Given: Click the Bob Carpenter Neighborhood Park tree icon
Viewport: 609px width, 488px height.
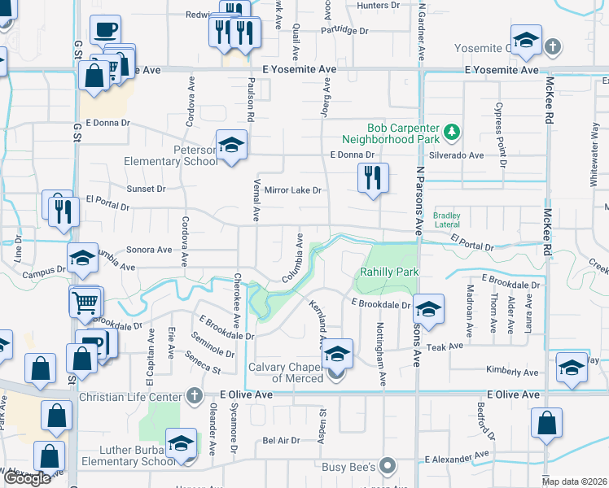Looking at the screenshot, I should click(453, 131).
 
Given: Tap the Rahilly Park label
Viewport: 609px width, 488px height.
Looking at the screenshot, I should click(383, 272).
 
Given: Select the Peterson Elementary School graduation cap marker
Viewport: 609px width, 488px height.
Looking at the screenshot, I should click(231, 146).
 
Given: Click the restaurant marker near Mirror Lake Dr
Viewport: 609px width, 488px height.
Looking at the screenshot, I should click(373, 177).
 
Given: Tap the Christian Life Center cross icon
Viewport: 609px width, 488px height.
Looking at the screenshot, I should click(194, 396).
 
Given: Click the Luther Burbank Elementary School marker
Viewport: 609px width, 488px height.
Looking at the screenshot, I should click(182, 444).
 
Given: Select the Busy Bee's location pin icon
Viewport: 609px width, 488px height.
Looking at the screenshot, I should click(388, 467).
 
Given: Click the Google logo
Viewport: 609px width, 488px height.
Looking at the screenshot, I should click(27, 479).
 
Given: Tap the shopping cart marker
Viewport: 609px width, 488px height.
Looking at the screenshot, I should click(85, 303).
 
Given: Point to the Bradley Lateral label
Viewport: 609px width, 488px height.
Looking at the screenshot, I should click(447, 220).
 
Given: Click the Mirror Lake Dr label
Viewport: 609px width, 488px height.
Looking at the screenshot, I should click(293, 190).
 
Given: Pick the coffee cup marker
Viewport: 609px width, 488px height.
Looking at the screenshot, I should click(104, 31).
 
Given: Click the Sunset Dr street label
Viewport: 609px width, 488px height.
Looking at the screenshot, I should click(146, 189).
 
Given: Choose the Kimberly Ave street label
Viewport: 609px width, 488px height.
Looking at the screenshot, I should click(511, 373).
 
